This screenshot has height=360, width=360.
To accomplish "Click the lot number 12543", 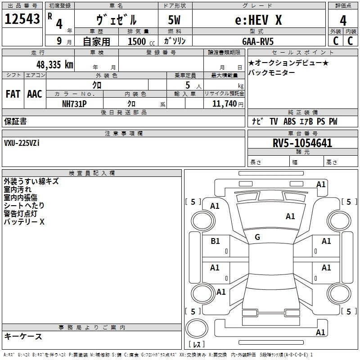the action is tap(22, 19).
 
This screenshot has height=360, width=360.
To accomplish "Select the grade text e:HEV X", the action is tap(258, 20).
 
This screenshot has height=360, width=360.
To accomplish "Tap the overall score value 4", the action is tap(343, 21).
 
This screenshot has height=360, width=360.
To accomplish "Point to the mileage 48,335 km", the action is tap(54, 65).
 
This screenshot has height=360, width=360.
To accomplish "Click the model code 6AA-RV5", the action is tap(258, 41).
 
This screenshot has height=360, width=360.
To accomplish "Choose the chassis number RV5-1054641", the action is tap(302, 143).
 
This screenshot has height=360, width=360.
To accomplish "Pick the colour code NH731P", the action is tap(74, 104).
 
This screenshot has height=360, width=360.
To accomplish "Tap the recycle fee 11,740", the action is tap(225, 104).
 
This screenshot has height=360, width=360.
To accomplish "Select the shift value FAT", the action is tap(13, 94).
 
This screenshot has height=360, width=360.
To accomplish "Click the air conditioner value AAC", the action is tap(35, 94).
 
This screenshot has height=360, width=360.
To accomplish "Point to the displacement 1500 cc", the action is tap(141, 41).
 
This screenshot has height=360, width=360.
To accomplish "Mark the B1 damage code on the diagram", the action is tap(215, 241).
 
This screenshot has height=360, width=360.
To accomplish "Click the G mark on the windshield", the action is tap(257, 237).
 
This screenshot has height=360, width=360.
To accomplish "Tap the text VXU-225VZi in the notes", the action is tap(22, 143).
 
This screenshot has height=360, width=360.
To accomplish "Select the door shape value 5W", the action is tap(174, 20).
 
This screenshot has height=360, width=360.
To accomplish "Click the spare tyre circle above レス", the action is tap(197, 328).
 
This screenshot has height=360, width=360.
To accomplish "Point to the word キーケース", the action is tap(23, 337).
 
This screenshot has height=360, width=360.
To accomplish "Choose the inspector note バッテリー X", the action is tap(24, 222).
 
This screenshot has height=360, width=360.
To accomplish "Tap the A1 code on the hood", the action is tap(290, 216).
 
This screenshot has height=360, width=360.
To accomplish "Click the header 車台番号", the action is tap(302, 133).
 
